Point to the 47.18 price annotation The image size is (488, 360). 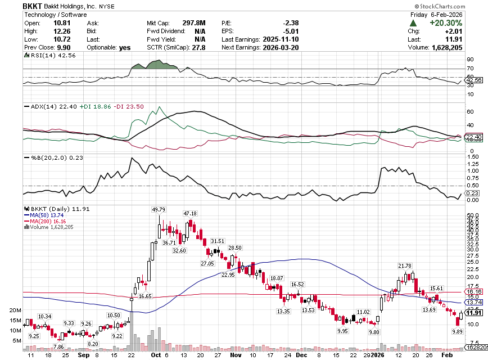[x=189, y=214]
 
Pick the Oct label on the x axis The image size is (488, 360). [x=156, y=355]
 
